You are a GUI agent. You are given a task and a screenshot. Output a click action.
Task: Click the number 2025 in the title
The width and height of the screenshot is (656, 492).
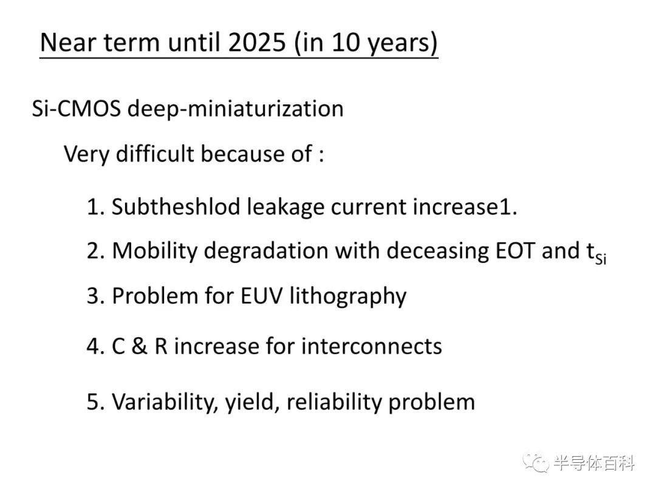tap(258, 43)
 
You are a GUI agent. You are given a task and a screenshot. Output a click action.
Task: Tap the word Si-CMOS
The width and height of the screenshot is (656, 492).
tap(76, 109)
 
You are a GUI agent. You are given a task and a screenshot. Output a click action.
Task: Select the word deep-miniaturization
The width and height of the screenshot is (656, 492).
tap(235, 109)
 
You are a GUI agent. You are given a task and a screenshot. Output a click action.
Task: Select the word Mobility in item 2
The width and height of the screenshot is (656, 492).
tap(154, 251)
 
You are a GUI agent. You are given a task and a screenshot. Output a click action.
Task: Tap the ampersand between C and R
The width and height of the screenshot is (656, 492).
tap(139, 346)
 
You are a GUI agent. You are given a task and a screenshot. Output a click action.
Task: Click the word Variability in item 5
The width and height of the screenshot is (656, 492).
tap(165, 402)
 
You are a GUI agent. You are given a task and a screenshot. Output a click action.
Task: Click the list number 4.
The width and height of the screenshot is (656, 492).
tap(92, 347)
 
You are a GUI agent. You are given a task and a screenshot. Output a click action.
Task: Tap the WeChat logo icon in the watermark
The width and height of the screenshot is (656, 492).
tap(536, 462)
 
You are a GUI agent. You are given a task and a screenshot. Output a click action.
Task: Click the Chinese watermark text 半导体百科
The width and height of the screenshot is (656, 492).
tap(594, 463)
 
